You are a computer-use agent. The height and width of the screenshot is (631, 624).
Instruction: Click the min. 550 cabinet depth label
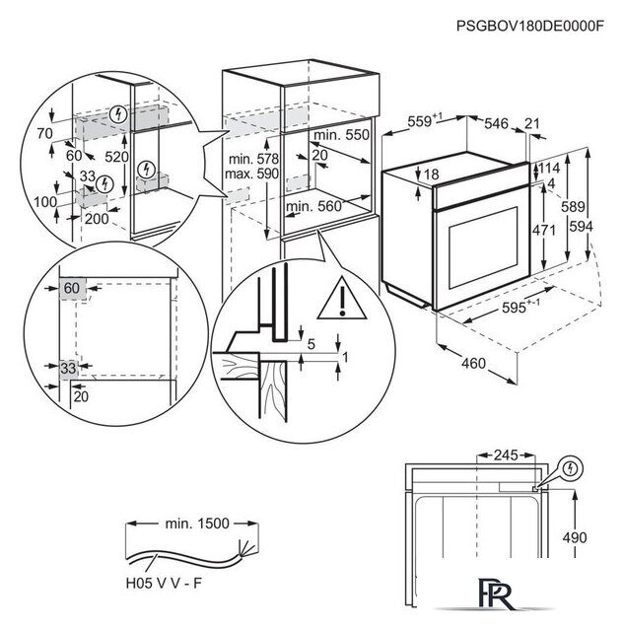pyautogui.click(x=342, y=133)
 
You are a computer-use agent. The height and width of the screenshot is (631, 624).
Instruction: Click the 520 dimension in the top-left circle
pyautogui.click(x=116, y=156)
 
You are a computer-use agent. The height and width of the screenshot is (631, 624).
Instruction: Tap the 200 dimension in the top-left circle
pyautogui.click(x=96, y=219)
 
